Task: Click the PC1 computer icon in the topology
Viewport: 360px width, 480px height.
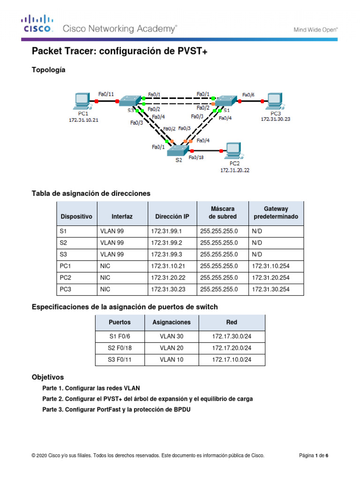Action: click(82, 100)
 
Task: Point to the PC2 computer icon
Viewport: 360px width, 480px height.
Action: click(233, 150)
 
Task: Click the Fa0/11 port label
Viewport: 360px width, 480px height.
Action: click(106, 94)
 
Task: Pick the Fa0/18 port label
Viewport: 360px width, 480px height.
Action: click(196, 158)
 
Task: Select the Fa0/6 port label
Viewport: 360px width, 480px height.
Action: click(248, 94)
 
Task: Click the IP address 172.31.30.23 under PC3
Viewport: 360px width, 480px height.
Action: click(276, 119)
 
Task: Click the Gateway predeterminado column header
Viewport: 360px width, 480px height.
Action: click(276, 213)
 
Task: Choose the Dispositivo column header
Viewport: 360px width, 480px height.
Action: click(76, 217)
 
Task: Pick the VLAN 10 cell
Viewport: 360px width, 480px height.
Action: click(172, 360)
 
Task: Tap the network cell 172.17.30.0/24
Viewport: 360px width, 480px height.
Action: click(232, 336)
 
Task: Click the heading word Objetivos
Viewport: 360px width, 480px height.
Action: click(47, 377)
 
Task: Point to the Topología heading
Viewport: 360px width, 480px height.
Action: click(48, 70)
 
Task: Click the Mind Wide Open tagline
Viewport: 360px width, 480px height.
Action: click(315, 29)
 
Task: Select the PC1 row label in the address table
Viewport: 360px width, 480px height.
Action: click(66, 266)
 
